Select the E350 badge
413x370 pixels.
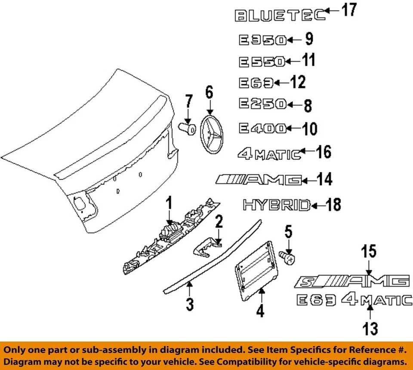(262, 40)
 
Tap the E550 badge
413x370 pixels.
(262, 62)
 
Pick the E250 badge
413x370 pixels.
(262, 104)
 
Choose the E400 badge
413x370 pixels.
(262, 128)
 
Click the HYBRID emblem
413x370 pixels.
(277, 205)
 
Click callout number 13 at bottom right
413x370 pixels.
(369, 329)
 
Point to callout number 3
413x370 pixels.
(189, 304)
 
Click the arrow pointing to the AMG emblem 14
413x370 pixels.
(310, 180)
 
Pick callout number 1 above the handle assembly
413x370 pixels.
(169, 202)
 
